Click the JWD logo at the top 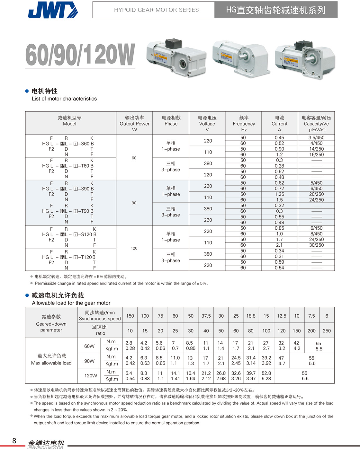[53, 10]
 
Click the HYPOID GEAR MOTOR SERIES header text [156, 10]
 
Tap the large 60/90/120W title [80, 55]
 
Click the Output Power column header [134, 124]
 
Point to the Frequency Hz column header [244, 124]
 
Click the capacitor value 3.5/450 [316, 137]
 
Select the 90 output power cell [134, 203]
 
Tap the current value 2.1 [279, 245]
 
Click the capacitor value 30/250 [316, 245]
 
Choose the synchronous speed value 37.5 [206, 316]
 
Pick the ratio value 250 [327, 331]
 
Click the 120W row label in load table [91, 375]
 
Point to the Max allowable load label [51, 363]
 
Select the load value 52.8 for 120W [266, 373]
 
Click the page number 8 [14, 441]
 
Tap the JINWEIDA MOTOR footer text [45, 447]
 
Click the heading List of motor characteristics [64, 99]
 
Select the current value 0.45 [279, 137]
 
